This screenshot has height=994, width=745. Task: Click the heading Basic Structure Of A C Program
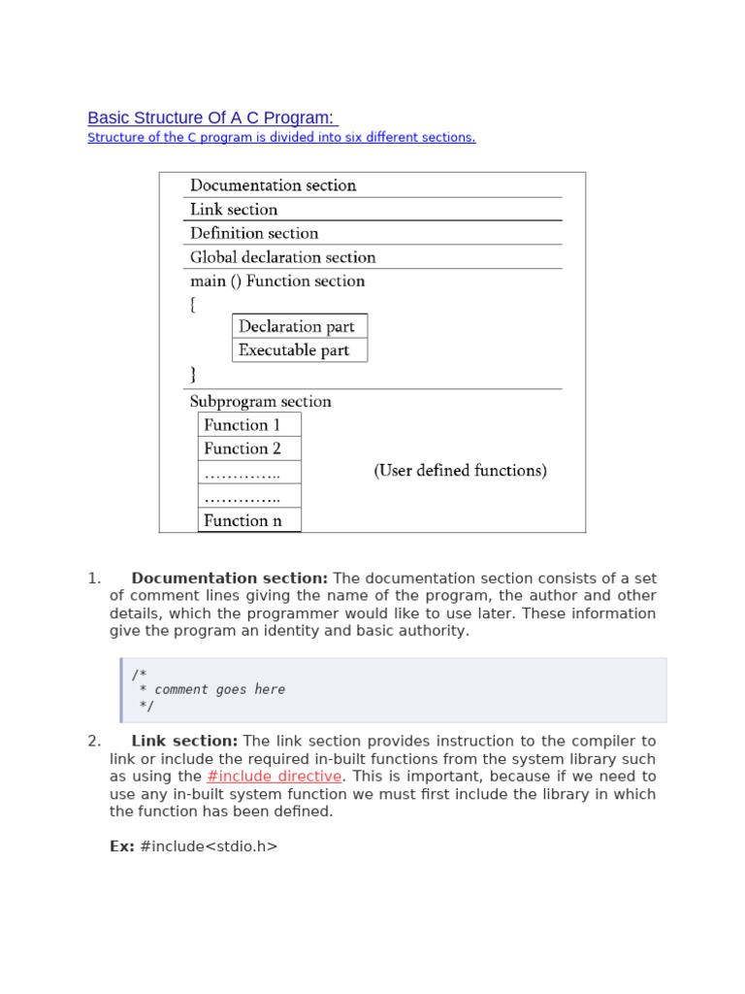click(211, 117)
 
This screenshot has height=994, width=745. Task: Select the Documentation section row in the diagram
click(273, 185)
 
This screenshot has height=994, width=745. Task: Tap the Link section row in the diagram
click(234, 210)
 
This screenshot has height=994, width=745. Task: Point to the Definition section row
click(254, 233)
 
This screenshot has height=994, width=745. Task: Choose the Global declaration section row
click(282, 257)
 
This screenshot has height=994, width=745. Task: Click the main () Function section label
click(277, 282)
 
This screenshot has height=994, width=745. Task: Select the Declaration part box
click(297, 326)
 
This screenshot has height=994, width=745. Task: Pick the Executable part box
click(294, 350)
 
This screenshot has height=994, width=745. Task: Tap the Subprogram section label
click(260, 402)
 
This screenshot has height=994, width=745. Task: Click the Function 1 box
click(243, 425)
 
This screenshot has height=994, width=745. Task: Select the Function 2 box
click(243, 448)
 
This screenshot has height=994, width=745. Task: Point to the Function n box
click(243, 520)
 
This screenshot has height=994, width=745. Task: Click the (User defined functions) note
click(460, 471)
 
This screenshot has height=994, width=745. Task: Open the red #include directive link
click(274, 777)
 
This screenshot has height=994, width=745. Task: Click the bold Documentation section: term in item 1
click(229, 579)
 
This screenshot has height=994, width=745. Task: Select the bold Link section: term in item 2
click(184, 742)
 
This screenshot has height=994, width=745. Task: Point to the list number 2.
click(93, 742)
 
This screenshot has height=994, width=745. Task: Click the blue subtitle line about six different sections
click(281, 138)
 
